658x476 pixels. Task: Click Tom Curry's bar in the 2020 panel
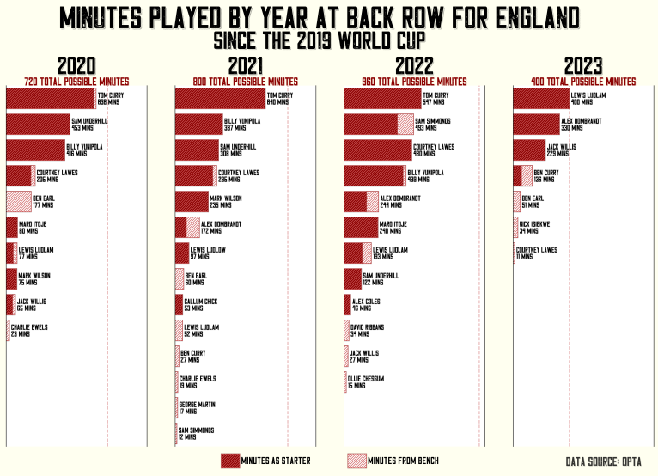tap(50, 99)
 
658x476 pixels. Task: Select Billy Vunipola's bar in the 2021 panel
tap(198, 125)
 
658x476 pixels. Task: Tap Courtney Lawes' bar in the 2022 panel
tap(376, 150)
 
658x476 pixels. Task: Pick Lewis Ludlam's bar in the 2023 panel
tap(540, 99)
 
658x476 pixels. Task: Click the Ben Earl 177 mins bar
tap(19, 202)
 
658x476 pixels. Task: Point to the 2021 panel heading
tap(245, 67)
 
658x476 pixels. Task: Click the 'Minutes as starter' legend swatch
tap(229, 461)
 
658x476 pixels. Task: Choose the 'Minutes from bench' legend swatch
tap(356, 461)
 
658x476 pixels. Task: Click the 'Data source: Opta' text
tap(604, 461)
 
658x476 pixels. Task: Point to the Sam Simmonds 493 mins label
tap(432, 125)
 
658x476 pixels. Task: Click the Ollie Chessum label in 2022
tap(364, 381)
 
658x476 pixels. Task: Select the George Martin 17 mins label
tap(196, 407)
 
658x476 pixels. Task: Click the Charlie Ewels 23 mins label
tap(28, 330)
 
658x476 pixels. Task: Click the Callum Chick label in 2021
tap(200, 304)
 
